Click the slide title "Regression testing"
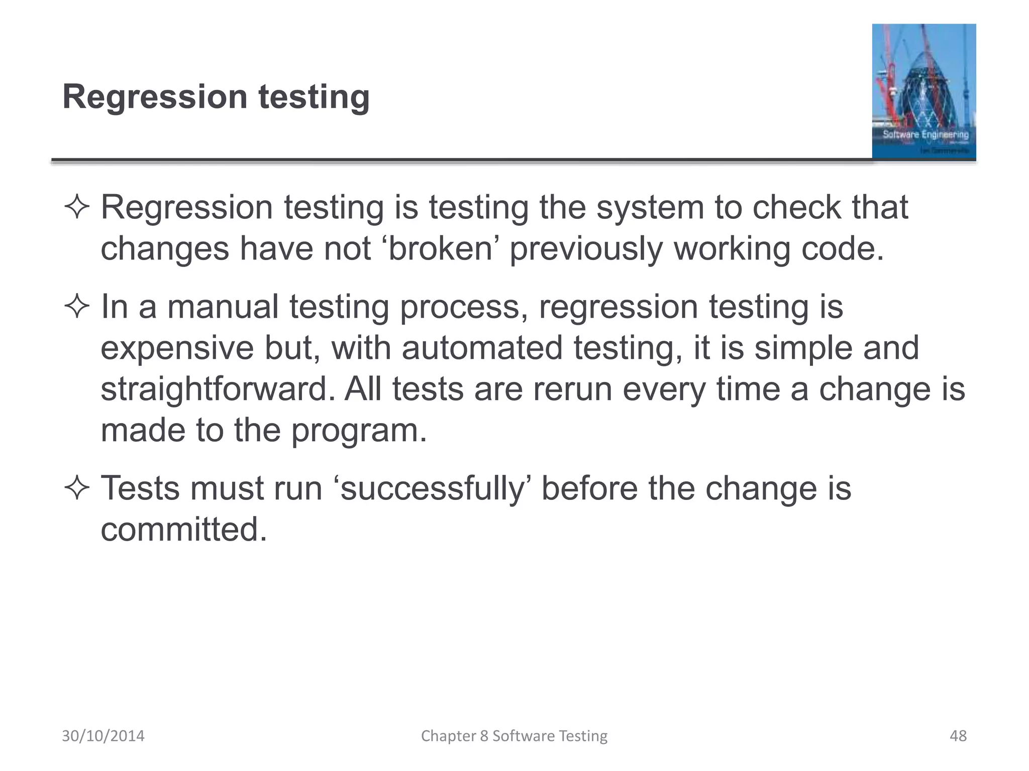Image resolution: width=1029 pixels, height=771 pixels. click(x=216, y=96)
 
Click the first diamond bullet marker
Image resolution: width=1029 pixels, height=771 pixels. click(x=77, y=207)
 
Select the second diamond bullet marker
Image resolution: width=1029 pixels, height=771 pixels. click(x=77, y=307)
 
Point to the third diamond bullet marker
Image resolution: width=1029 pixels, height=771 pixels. click(x=77, y=488)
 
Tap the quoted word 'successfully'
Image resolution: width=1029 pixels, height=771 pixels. click(x=432, y=488)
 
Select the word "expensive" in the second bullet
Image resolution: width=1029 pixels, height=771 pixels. click(x=177, y=348)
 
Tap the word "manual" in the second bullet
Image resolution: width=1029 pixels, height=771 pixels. click(x=222, y=307)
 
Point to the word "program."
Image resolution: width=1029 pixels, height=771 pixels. click(x=359, y=430)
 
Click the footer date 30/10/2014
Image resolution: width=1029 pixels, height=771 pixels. click(x=103, y=736)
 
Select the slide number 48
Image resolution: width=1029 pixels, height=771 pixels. click(x=958, y=736)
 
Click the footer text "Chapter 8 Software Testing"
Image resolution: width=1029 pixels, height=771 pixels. click(x=514, y=736)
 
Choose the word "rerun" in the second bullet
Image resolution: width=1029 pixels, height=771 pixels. click(x=572, y=389)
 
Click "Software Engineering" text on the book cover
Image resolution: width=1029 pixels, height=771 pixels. click(x=925, y=135)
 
